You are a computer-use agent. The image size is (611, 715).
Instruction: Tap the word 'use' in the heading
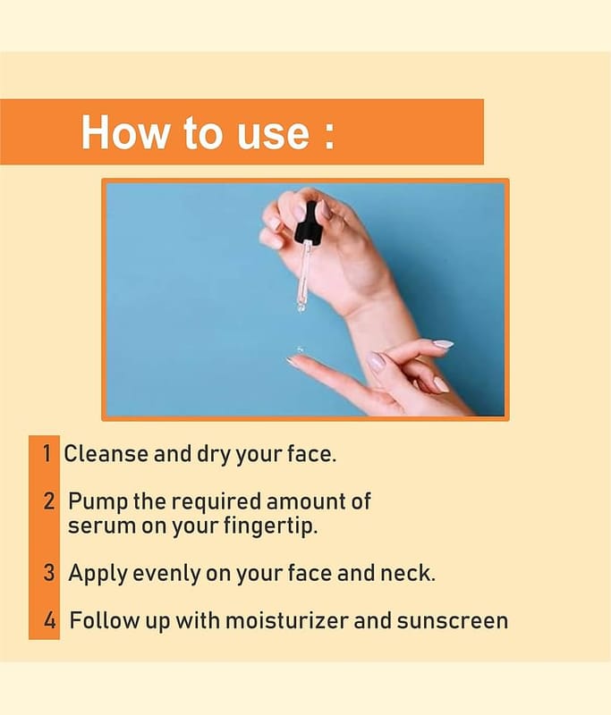click(x=273, y=136)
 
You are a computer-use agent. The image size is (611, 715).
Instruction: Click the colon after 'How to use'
click(x=328, y=136)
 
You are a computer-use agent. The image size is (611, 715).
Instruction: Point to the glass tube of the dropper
click(x=303, y=277)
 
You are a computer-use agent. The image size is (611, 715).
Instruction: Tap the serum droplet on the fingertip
click(x=300, y=350)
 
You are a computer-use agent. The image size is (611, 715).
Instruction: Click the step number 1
click(x=47, y=453)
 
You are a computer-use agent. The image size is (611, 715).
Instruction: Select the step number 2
click(x=49, y=500)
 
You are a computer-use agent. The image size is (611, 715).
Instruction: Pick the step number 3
click(x=49, y=573)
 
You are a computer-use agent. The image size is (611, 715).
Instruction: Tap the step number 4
click(x=50, y=620)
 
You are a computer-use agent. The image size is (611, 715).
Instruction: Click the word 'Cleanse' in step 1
click(x=106, y=454)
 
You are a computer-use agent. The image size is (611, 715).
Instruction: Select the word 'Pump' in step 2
click(x=98, y=502)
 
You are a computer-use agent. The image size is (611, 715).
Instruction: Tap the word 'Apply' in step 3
click(x=98, y=574)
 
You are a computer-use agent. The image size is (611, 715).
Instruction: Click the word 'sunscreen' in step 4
click(x=452, y=621)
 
